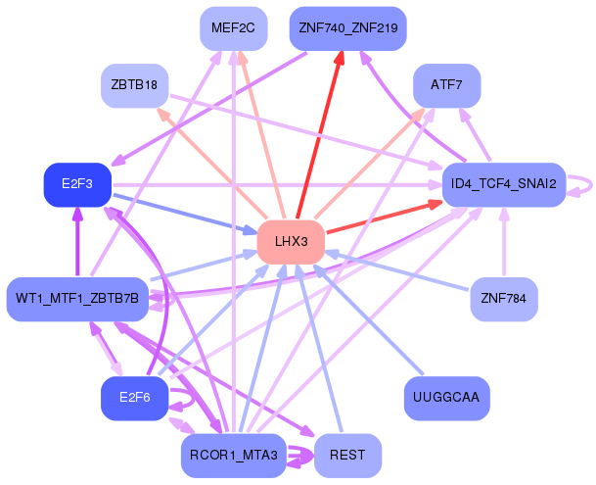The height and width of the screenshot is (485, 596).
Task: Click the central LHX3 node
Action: tap(291, 241)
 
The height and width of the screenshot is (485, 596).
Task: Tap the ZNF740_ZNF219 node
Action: tap(347, 28)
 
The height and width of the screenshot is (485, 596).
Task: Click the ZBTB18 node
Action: tap(135, 85)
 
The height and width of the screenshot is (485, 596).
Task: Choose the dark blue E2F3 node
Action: tap(77, 184)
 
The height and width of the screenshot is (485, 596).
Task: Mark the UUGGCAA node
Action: tap(446, 398)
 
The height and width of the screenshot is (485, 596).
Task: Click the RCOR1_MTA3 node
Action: tap(233, 455)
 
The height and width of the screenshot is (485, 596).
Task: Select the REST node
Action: tap(347, 455)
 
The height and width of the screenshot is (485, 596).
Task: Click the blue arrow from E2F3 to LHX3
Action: tap(186, 213)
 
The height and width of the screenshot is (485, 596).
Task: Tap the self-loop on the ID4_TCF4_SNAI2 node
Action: tap(583, 184)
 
